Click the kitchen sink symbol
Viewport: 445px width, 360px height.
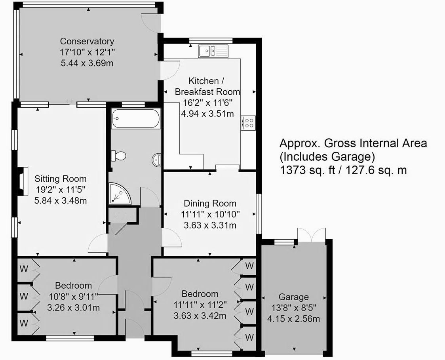click(213, 51)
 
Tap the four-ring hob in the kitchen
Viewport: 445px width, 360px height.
click(249, 123)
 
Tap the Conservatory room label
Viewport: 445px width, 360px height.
click(87, 41)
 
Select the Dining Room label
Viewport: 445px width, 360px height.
click(210, 204)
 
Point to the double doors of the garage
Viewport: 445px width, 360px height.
click(312, 235)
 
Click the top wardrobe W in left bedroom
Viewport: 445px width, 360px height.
click(24, 269)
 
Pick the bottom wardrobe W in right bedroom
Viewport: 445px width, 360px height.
click(249, 337)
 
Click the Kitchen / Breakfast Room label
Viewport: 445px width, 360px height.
click(208, 86)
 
